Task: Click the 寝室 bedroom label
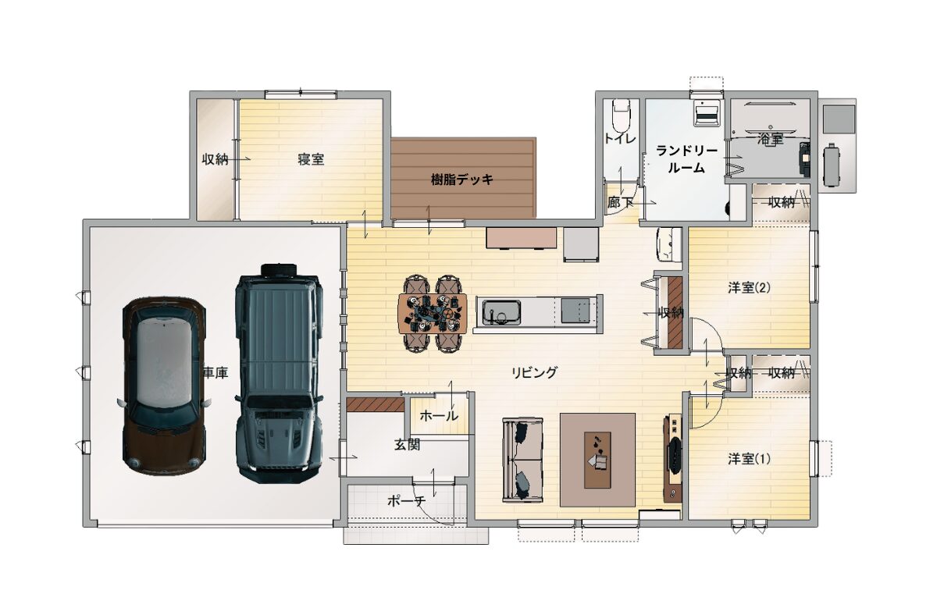click(x=311, y=159)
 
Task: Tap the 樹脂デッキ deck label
click(x=462, y=180)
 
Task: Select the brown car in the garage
click(x=164, y=386)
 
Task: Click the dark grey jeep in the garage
click(x=280, y=373)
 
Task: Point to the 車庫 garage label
click(x=216, y=373)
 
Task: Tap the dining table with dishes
click(x=433, y=314)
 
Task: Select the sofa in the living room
click(x=523, y=460)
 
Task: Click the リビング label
click(x=535, y=372)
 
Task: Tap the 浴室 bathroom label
click(x=770, y=140)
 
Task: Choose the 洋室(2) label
click(x=749, y=288)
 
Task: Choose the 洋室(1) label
click(x=749, y=460)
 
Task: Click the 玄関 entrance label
click(x=407, y=445)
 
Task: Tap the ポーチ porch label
click(x=407, y=500)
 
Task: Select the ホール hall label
click(x=438, y=416)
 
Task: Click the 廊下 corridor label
click(x=620, y=203)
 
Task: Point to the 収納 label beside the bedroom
click(x=215, y=159)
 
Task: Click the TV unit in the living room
click(x=672, y=457)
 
